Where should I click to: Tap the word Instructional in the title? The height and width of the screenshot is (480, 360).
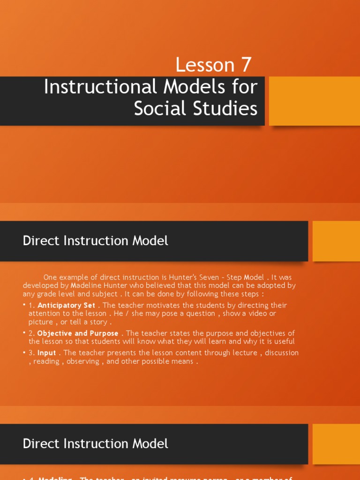pos(100,87)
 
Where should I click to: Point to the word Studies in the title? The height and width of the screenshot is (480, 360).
pos(227,109)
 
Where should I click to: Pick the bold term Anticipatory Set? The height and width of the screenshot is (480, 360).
pos(66,305)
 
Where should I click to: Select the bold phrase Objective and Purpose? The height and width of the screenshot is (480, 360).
pos(78,333)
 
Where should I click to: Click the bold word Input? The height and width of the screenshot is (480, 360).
pos(46,352)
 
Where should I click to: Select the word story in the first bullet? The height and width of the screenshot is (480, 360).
pos(99,322)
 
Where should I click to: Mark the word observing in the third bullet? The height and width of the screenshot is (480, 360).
pos(83,361)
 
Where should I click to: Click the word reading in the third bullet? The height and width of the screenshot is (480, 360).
pos(46,361)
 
